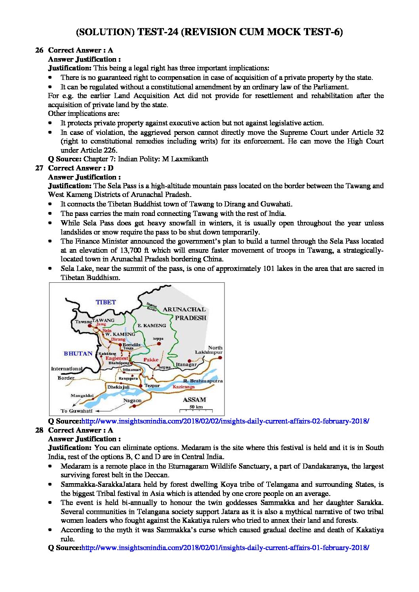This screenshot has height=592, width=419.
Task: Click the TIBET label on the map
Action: point(106,302)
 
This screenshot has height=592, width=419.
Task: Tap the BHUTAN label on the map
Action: point(78,354)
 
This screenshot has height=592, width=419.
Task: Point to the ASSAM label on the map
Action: point(194,399)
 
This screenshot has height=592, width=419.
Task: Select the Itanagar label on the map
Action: point(186,364)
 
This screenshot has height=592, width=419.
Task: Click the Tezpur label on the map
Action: point(152,386)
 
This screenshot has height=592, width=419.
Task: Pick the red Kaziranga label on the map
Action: point(183,387)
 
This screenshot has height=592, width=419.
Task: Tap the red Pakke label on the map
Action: point(151,360)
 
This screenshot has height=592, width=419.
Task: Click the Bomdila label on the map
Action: point(131,344)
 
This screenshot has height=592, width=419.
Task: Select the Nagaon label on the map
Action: point(132,401)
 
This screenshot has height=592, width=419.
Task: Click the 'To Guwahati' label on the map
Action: point(76,411)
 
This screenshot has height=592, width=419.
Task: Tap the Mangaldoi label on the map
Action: point(82,395)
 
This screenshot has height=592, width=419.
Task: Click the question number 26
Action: point(39,50)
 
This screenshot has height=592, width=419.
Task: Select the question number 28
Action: point(39,430)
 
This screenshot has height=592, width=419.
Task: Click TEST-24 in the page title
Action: point(157,32)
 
